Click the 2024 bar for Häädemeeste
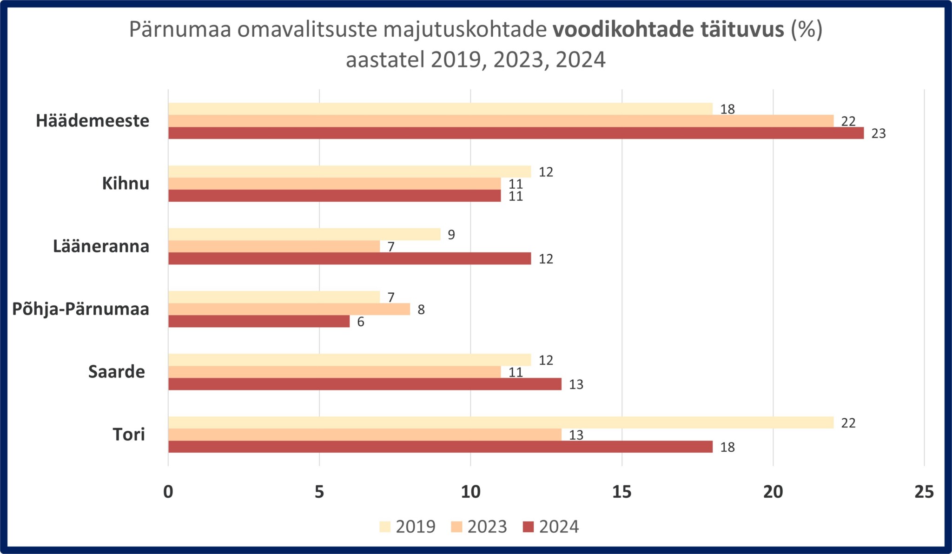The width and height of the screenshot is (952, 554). (516, 133)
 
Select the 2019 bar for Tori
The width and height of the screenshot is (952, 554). (501, 422)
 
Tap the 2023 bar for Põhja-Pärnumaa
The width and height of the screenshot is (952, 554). (289, 309)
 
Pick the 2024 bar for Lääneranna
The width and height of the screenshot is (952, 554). (350, 258)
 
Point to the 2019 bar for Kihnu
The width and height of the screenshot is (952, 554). (350, 171)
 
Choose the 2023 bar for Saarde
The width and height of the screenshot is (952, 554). (335, 372)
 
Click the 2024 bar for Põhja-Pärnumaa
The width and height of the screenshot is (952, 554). (259, 321)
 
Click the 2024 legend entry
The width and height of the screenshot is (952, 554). (551, 527)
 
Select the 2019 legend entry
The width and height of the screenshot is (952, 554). (408, 527)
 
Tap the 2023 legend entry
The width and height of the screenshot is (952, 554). (479, 527)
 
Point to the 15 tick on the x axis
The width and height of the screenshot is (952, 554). (622, 492)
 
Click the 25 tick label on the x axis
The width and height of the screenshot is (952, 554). (924, 492)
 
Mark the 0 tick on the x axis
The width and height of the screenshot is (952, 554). (168, 492)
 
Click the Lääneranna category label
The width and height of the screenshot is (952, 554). (101, 246)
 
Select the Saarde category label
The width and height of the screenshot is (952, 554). (117, 372)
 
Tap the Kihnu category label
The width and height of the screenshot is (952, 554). (126, 184)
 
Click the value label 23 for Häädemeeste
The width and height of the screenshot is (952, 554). (879, 134)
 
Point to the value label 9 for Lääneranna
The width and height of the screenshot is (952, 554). (451, 235)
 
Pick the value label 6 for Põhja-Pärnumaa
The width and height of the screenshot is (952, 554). (361, 322)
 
